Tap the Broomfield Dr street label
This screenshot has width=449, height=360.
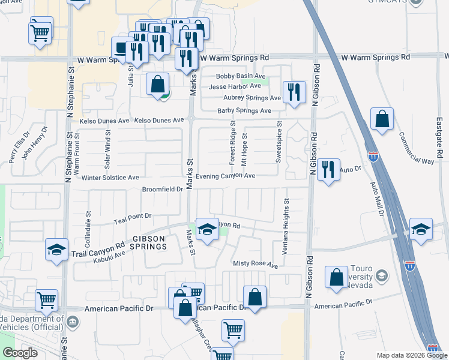(162, 189)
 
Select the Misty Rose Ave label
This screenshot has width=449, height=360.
(256, 265)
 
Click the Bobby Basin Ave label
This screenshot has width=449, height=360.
(241, 77)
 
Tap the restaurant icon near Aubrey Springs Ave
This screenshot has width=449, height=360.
(294, 92)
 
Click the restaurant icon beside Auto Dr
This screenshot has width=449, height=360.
(328, 170)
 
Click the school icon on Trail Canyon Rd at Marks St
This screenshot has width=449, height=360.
(207, 230)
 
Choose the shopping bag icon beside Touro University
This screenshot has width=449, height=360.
(336, 277)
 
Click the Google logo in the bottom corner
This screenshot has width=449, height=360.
(20, 353)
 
